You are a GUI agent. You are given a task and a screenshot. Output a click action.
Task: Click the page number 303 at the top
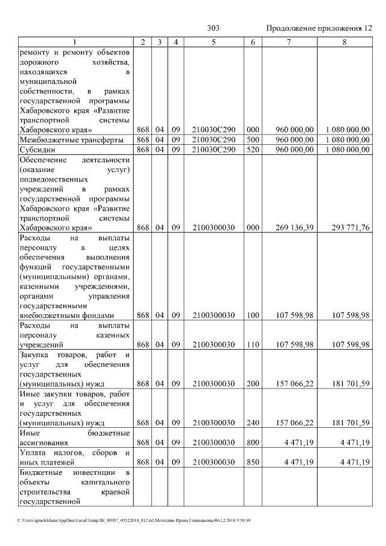pos(213,28)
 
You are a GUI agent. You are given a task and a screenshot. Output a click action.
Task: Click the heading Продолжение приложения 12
pos(318,28)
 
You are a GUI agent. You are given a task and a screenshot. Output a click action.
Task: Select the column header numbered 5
pos(214,42)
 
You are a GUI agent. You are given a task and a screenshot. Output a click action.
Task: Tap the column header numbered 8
pos(344,42)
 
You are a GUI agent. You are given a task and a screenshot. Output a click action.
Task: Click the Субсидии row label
pos(37,149)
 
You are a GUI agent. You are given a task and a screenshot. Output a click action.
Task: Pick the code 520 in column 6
pos(253,149)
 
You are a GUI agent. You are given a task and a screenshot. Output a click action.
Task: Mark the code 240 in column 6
pos(253,423)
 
